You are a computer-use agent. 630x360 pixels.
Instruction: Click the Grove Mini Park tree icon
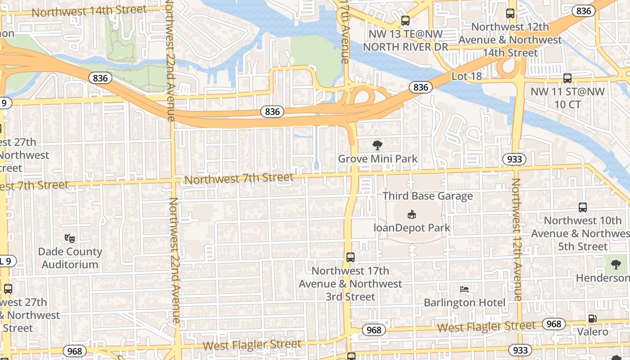tap(378, 145)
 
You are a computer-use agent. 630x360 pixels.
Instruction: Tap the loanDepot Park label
tap(412, 228)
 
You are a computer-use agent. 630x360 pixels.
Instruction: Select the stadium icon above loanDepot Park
tap(411, 214)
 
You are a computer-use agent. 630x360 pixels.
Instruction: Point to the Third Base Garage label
tap(427, 196)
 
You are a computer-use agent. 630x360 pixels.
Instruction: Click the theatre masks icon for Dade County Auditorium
tap(69, 238)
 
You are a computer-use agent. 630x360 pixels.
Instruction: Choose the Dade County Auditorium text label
tap(70, 258)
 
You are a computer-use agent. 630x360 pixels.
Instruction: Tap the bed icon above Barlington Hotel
tap(464, 289)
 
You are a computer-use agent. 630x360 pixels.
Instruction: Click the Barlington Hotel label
tap(464, 302)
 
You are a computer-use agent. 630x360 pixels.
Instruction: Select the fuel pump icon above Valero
tap(592, 318)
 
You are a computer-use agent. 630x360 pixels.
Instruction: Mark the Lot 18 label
tap(466, 76)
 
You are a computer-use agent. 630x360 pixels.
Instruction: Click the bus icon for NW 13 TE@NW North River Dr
tap(405, 20)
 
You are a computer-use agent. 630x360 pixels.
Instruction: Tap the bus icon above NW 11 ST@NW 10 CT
tap(567, 78)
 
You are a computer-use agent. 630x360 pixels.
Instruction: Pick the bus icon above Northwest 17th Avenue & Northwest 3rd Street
tap(351, 257)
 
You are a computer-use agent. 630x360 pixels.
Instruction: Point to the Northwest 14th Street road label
tap(89, 11)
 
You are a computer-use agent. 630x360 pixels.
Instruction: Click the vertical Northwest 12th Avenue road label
tap(517, 238)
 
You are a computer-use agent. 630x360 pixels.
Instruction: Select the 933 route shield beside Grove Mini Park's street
tap(514, 159)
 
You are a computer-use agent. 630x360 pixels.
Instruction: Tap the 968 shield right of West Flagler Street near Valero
tap(553, 324)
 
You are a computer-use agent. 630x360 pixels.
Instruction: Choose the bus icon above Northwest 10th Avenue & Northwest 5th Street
tap(582, 207)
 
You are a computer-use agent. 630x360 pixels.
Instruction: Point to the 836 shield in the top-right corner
tap(583, 11)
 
